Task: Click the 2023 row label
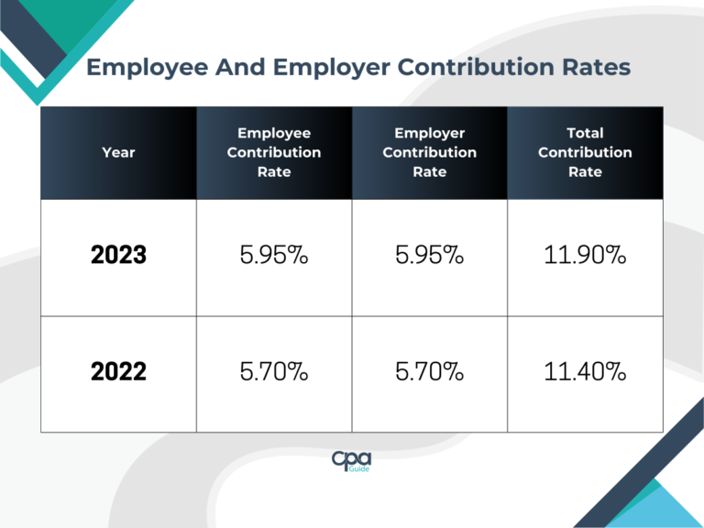click(118, 256)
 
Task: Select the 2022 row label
click(118, 372)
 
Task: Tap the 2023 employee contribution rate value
click(273, 256)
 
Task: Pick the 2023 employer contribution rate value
click(429, 256)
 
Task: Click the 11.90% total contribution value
click(585, 256)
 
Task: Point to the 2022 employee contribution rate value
click(273, 372)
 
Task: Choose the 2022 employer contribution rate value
click(429, 372)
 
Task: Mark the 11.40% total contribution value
click(585, 372)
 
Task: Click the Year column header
click(118, 152)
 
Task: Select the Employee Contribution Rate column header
click(273, 152)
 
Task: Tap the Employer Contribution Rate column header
click(429, 152)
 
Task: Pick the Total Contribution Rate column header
click(585, 152)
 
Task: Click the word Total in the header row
click(585, 133)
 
